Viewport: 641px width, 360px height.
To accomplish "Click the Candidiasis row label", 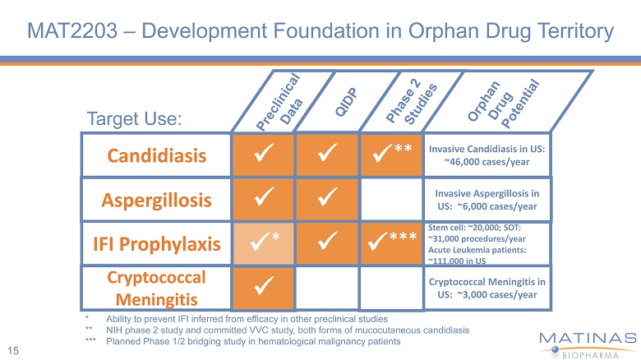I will tap(154, 155).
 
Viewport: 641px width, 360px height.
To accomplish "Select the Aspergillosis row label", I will tap(155, 199).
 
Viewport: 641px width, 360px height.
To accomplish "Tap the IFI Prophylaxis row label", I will tap(155, 243).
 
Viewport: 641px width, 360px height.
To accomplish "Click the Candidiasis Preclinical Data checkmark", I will tap(263, 155).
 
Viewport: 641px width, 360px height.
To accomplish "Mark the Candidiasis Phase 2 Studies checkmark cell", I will tap(391, 155).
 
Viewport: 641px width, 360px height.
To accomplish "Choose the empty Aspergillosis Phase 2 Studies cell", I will tap(391, 199).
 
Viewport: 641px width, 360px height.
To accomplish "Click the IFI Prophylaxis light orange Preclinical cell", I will tap(263, 243).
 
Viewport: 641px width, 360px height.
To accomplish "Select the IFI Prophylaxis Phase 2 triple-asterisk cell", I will tap(391, 243).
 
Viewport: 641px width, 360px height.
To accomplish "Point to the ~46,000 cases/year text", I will tap(489, 163).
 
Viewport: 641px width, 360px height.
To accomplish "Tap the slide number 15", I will tap(15, 351).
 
